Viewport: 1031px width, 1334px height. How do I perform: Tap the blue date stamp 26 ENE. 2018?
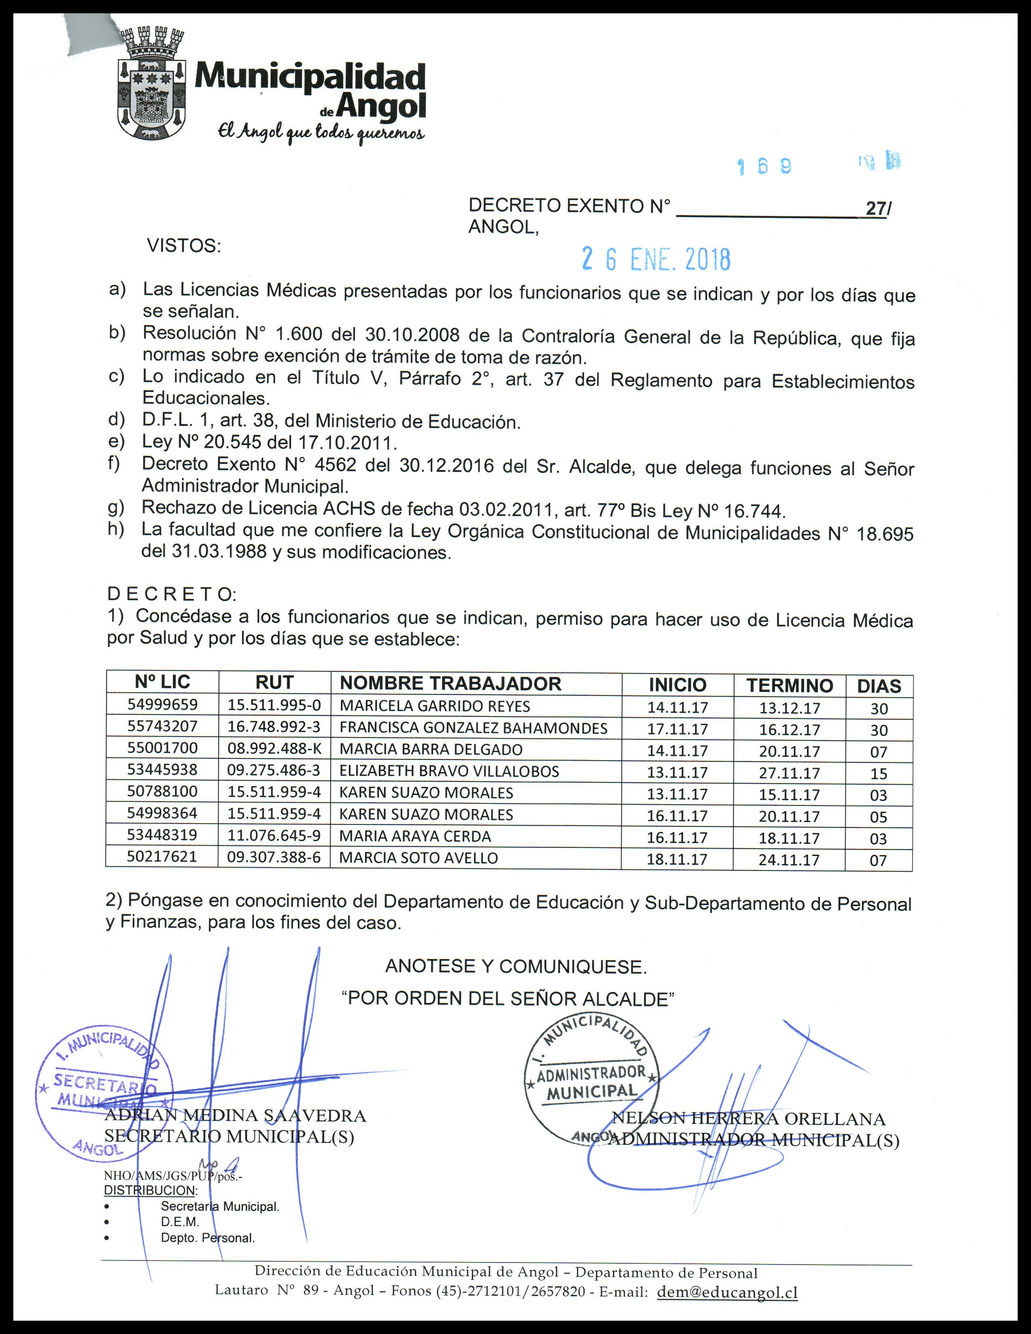click(656, 259)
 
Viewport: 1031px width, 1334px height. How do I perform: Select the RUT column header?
click(275, 682)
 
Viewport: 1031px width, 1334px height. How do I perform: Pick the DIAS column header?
click(879, 686)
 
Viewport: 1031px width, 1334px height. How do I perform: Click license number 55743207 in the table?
click(163, 726)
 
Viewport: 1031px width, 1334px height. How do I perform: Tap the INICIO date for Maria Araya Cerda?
click(677, 837)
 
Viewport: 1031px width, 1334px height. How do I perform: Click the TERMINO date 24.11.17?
click(789, 860)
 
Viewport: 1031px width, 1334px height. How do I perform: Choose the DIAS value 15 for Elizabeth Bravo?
click(878, 773)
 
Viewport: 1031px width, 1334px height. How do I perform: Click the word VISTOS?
click(183, 246)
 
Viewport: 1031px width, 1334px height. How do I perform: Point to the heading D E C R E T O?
click(172, 593)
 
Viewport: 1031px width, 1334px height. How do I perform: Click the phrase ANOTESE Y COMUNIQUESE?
click(515, 966)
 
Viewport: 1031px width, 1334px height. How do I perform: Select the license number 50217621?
click(162, 856)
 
